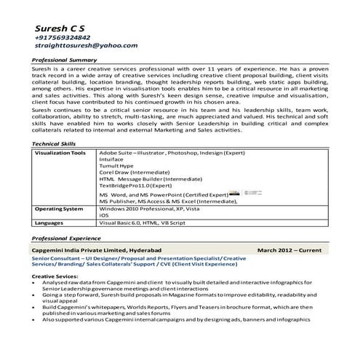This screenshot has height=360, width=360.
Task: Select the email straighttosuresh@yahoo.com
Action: click(x=86, y=45)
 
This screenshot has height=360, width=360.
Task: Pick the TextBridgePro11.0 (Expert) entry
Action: click(x=141, y=185)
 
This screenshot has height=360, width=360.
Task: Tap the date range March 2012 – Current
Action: click(x=289, y=249)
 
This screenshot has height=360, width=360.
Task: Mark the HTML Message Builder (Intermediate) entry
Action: click(x=145, y=179)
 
